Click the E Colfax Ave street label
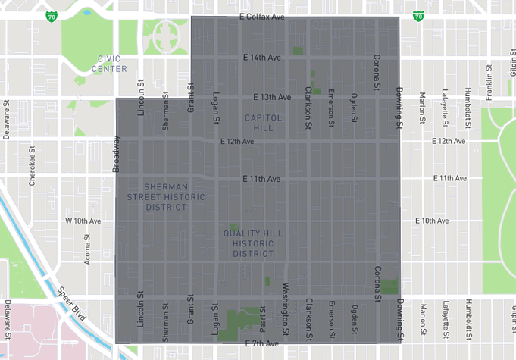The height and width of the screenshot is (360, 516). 261,16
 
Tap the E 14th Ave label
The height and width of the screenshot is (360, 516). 261,57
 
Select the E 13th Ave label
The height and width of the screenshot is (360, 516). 271,97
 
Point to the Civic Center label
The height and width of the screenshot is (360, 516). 110,64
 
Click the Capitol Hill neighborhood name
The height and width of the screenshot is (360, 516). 263,123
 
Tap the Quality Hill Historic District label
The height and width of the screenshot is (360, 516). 253,243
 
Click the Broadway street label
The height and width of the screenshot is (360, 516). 117,154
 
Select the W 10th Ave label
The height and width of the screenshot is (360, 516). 83,221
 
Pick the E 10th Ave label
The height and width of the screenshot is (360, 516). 432,221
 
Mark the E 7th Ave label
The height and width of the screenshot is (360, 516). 262,343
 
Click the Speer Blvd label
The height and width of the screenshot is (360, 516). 73,302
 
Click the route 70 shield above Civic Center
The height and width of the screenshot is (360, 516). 52,15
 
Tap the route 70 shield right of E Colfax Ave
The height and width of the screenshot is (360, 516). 418,15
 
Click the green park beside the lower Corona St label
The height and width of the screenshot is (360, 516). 389,286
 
